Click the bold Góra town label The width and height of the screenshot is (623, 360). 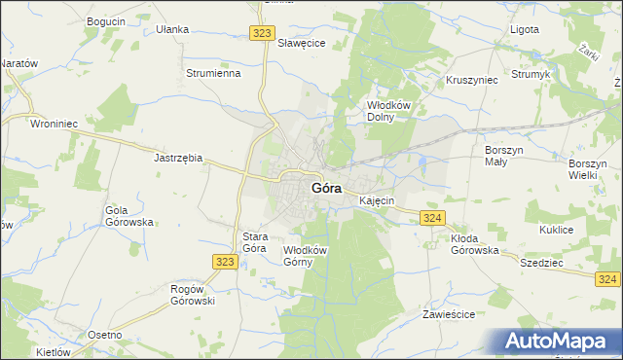click(x=325, y=188)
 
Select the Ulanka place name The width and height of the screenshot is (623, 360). click(x=171, y=29)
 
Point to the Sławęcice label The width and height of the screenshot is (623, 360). click(x=302, y=44)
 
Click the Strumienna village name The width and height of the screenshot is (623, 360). click(x=213, y=73)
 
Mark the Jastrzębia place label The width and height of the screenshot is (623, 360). click(x=178, y=157)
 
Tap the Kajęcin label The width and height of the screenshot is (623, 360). click(x=377, y=200)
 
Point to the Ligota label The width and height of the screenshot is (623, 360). click(x=525, y=29)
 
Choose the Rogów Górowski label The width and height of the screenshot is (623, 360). click(x=193, y=293)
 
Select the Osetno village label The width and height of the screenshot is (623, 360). click(x=105, y=335)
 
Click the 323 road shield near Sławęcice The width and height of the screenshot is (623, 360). click(x=260, y=33)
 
